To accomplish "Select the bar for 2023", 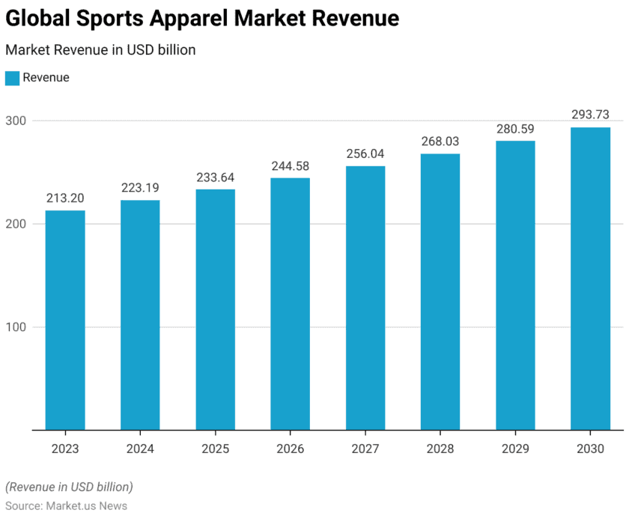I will [65, 320].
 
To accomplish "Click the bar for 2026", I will [290, 303].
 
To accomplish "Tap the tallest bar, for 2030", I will [590, 279].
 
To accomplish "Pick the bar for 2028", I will [440, 291].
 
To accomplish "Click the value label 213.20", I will [65, 198].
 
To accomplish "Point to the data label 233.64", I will [215, 177].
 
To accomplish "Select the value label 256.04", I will [365, 154].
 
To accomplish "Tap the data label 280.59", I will [515, 129].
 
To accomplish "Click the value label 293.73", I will [590, 115].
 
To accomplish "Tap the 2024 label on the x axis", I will [140, 449].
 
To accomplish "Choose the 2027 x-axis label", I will [365, 449].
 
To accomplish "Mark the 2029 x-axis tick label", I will [515, 449].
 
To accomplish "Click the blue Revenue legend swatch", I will [12, 78].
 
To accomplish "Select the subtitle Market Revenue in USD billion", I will [100, 50].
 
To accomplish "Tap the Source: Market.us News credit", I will [67, 506].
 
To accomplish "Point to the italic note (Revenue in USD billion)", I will [69, 487].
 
